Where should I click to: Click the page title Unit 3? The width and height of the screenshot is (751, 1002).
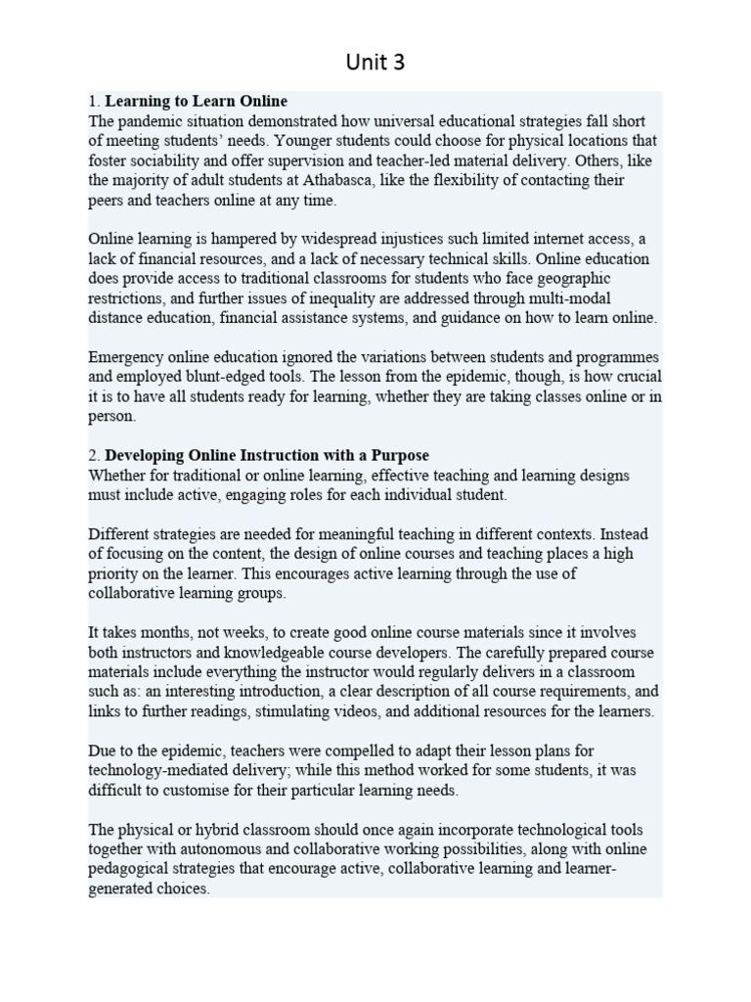pos(375,63)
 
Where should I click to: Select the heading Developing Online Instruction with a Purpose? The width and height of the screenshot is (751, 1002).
pos(266,455)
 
